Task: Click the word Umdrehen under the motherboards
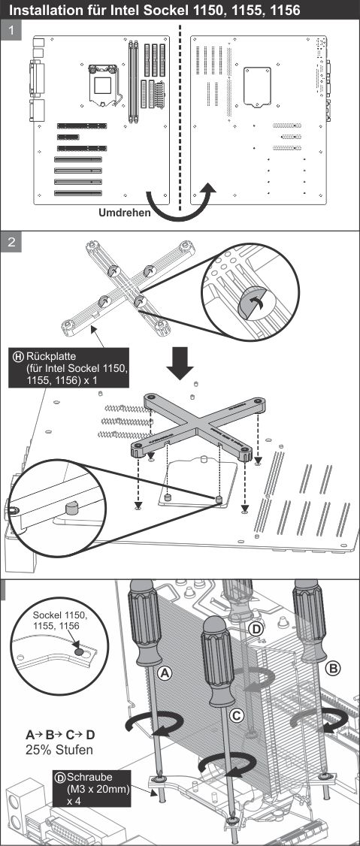(124, 213)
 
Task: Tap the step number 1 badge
(11, 32)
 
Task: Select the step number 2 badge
(11, 242)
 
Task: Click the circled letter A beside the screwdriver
(165, 672)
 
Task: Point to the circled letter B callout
(334, 669)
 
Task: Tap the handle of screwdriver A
(144, 622)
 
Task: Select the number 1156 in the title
(283, 11)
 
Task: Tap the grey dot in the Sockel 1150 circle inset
(79, 651)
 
